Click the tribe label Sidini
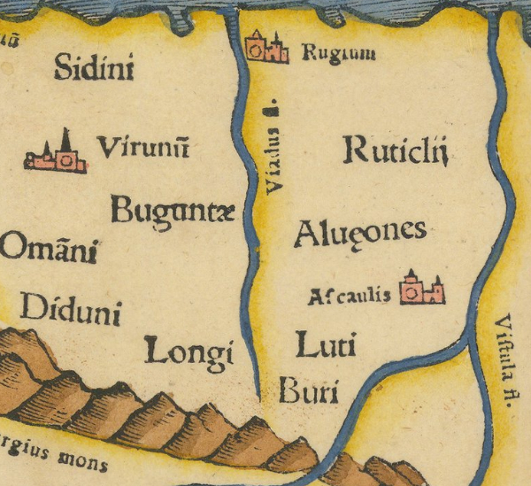(x=94, y=67)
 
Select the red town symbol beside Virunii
(x=57, y=157)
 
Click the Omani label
(x=48, y=249)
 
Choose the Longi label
(x=189, y=351)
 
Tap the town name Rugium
(x=338, y=54)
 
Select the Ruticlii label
(x=396, y=152)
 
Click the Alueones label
(x=359, y=234)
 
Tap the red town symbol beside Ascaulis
(x=421, y=289)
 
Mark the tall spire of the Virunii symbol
(x=65, y=139)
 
